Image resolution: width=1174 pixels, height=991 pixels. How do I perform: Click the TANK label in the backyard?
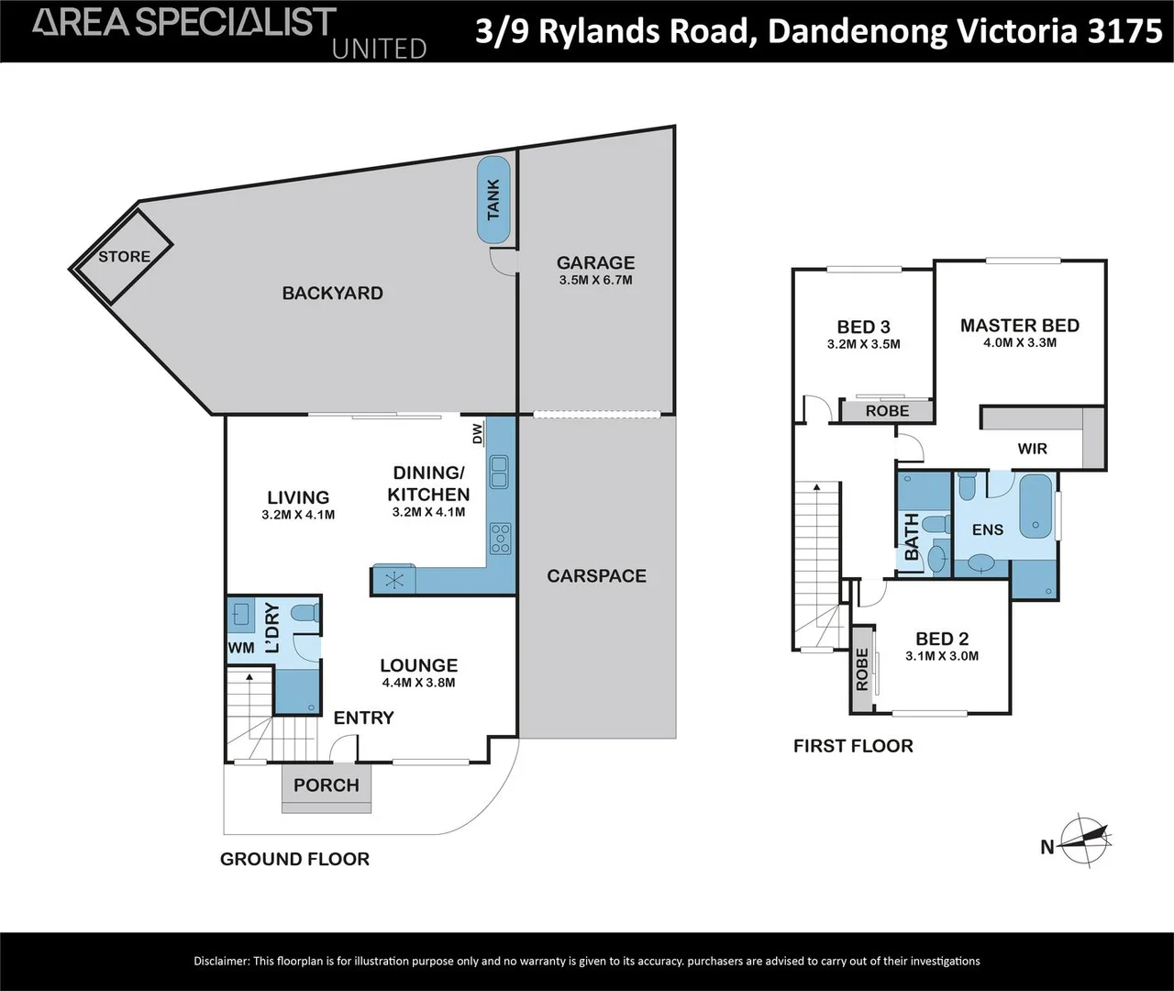click(x=494, y=200)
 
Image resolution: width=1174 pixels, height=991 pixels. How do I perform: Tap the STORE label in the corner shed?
click(x=124, y=257)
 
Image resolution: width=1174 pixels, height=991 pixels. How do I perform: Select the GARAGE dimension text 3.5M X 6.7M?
click(x=595, y=280)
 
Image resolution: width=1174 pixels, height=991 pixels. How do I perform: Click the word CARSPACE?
click(x=596, y=576)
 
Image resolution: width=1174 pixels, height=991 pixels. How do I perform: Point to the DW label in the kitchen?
click(x=477, y=434)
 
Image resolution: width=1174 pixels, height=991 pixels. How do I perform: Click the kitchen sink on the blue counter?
click(x=499, y=473)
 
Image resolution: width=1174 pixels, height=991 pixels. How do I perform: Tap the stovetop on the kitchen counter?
click(x=500, y=539)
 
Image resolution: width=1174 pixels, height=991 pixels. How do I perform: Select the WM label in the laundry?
click(x=240, y=648)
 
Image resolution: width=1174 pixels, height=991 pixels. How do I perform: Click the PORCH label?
click(x=327, y=785)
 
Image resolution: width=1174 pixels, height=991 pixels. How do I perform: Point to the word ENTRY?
click(x=363, y=718)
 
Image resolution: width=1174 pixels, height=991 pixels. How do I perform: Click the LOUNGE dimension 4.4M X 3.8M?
click(x=418, y=683)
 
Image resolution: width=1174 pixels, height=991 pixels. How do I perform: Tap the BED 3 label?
click(x=863, y=327)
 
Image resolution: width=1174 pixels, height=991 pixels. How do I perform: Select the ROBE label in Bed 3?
click(x=887, y=411)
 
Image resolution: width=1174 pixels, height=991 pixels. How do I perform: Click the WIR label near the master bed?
click(x=1032, y=449)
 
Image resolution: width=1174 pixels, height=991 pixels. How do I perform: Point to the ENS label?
click(x=988, y=529)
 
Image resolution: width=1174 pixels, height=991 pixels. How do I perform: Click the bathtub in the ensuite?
click(x=1037, y=506)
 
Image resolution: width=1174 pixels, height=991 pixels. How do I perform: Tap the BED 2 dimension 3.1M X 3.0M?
click(x=942, y=656)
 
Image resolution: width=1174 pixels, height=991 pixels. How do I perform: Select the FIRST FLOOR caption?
click(x=853, y=746)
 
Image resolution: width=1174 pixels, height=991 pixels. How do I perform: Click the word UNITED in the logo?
click(x=379, y=49)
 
